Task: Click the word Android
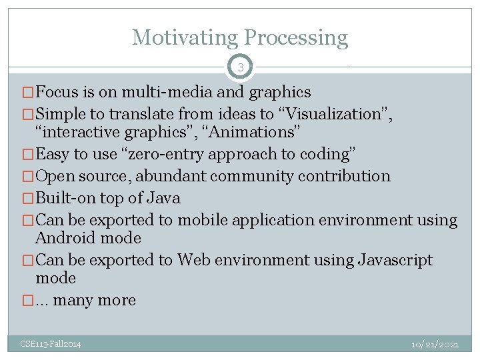tap(65, 238)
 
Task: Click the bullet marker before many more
tap(27, 301)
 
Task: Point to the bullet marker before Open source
tap(27, 177)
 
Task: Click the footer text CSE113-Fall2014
tap(51, 344)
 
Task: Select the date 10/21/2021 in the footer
tap(435, 344)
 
